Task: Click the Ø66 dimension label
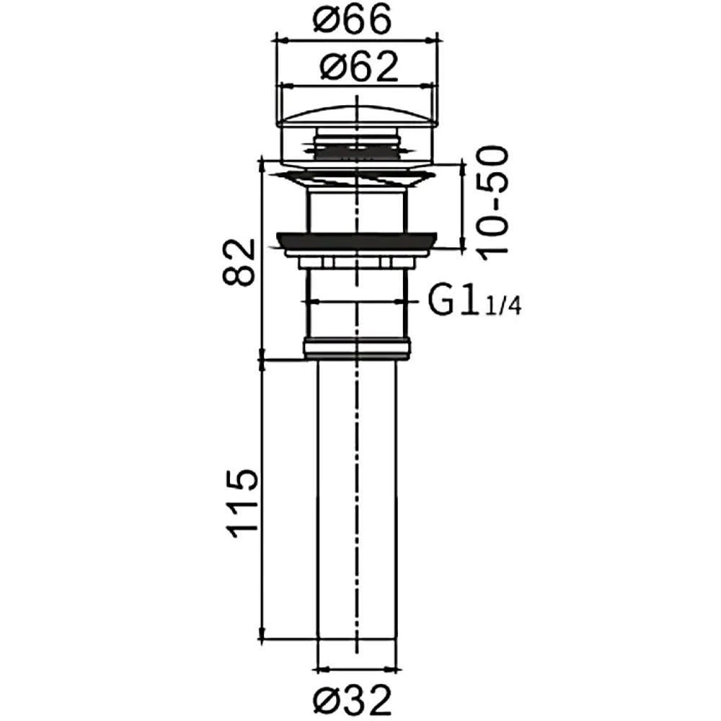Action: click(353, 19)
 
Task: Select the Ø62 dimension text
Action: click(358, 67)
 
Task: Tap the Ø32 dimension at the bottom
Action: click(353, 700)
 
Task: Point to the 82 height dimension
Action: click(239, 262)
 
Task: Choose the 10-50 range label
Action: click(492, 204)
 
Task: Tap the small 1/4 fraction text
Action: click(503, 305)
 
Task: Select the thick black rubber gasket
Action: click(357, 241)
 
